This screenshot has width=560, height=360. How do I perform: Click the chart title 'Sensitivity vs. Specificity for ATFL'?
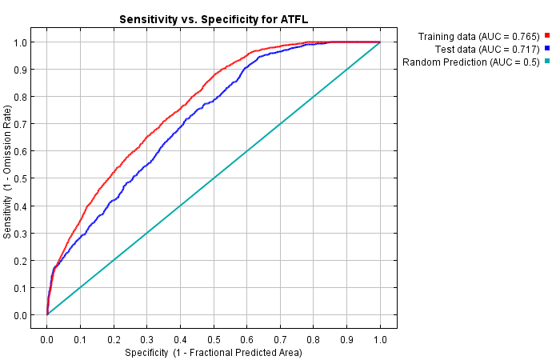[214, 19]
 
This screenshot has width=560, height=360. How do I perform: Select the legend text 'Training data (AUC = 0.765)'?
[479, 37]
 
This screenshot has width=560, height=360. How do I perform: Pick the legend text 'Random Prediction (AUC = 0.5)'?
[471, 62]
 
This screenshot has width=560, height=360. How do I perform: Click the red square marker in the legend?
[548, 36]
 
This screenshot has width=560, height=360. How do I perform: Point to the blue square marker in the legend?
[548, 50]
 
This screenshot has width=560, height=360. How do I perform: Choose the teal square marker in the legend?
[548, 62]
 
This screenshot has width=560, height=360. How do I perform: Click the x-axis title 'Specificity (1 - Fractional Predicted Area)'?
[214, 352]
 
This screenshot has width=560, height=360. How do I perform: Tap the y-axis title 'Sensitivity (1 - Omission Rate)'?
[9, 178]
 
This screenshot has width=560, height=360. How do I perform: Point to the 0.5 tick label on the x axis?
[214, 339]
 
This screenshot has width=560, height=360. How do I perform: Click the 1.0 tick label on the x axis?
[380, 339]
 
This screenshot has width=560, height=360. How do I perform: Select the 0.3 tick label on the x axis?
[147, 339]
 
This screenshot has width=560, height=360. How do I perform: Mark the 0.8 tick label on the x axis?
[314, 339]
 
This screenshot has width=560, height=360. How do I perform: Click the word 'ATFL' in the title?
[293, 19]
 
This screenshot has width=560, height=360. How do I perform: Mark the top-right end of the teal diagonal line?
[380, 42]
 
